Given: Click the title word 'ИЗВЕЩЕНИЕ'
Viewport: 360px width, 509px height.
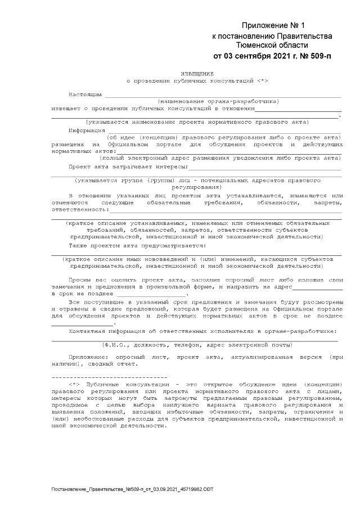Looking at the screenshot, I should click(197, 74).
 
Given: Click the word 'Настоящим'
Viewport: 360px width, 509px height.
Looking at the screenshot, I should click(85, 94).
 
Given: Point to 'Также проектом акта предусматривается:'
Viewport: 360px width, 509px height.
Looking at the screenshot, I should click(138, 245).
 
